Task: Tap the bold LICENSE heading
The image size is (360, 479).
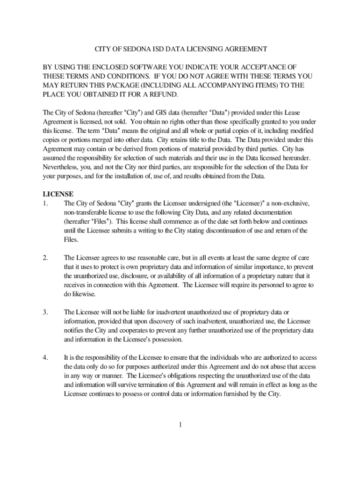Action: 58,194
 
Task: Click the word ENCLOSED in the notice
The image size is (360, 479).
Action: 108,67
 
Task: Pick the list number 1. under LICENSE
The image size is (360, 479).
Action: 45,203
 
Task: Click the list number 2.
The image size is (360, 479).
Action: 45,257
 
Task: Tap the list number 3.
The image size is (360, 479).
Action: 45,312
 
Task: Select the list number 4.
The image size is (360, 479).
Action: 45,357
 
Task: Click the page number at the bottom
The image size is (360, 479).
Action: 180,424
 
